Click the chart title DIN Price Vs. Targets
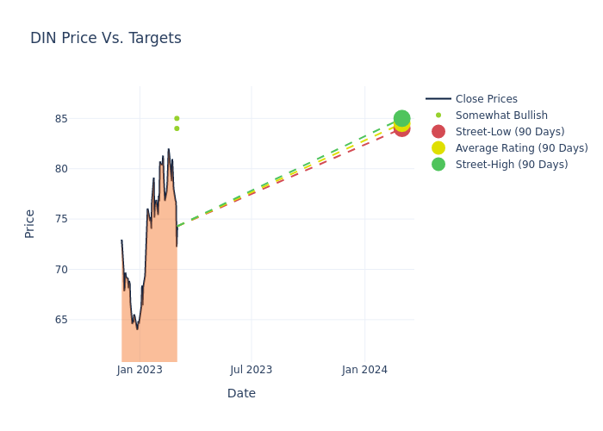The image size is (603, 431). tap(105, 38)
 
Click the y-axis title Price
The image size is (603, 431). tap(29, 223)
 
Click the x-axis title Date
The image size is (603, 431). tap(241, 393)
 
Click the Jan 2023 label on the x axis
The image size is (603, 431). tap(140, 370)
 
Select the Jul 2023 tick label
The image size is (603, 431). tap(252, 370)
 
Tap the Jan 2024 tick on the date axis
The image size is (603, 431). tap(364, 370)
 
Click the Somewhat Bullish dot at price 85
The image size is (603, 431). tap(177, 118)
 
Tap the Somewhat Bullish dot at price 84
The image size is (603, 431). tap(177, 128)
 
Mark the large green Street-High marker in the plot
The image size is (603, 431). tap(401, 118)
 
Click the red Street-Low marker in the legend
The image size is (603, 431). tap(438, 132)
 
